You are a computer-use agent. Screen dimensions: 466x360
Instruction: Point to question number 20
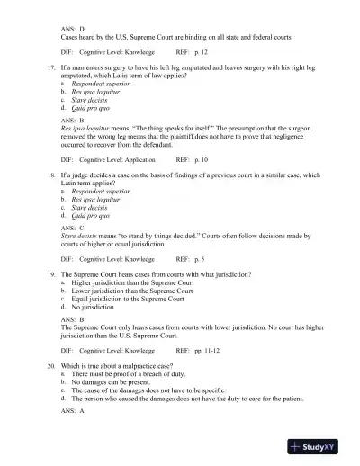click(51, 368)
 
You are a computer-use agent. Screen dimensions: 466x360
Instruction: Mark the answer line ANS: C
click(72, 228)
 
